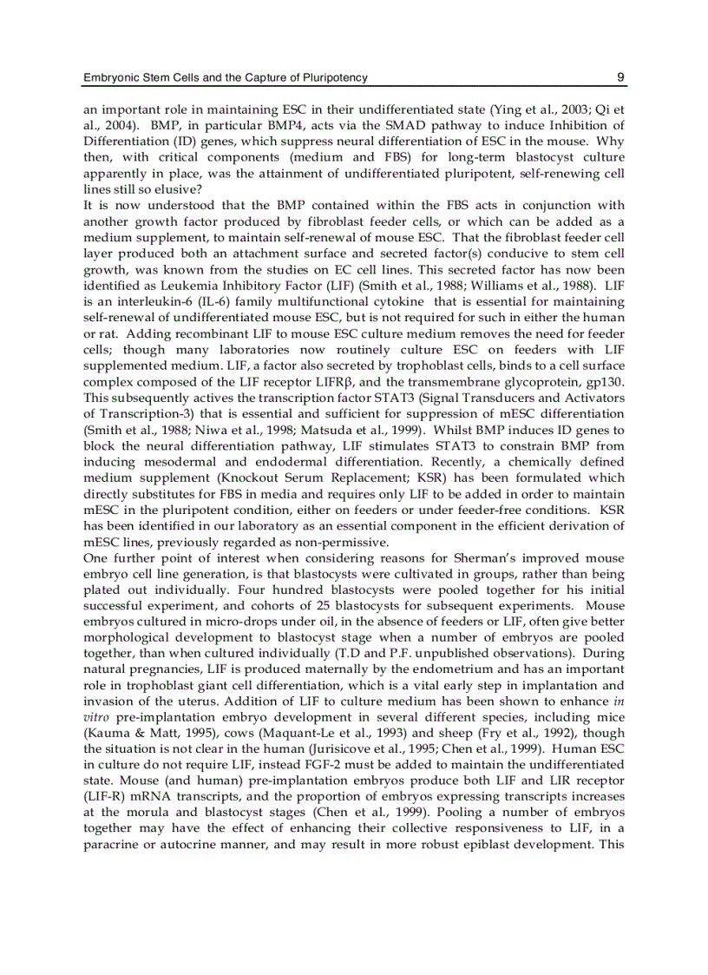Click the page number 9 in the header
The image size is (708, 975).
coord(621,77)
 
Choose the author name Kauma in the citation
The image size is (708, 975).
coord(108,733)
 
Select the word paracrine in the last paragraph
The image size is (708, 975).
coord(110,844)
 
